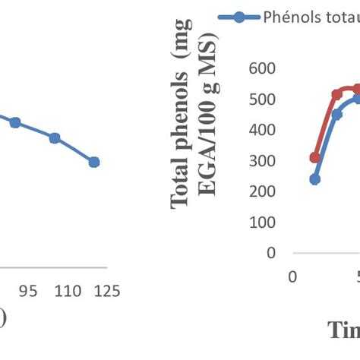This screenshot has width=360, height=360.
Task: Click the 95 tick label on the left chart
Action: (x=28, y=291)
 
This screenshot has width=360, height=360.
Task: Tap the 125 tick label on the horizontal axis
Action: (x=107, y=291)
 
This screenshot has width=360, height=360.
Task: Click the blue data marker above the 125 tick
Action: (x=93, y=162)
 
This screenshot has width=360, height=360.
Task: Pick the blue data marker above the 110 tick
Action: (x=55, y=138)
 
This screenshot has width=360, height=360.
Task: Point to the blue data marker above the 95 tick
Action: (x=14, y=122)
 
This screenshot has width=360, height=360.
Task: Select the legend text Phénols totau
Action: (x=311, y=18)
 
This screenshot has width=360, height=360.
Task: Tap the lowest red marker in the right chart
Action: (x=315, y=157)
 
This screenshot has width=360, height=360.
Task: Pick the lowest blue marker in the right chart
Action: (x=315, y=179)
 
